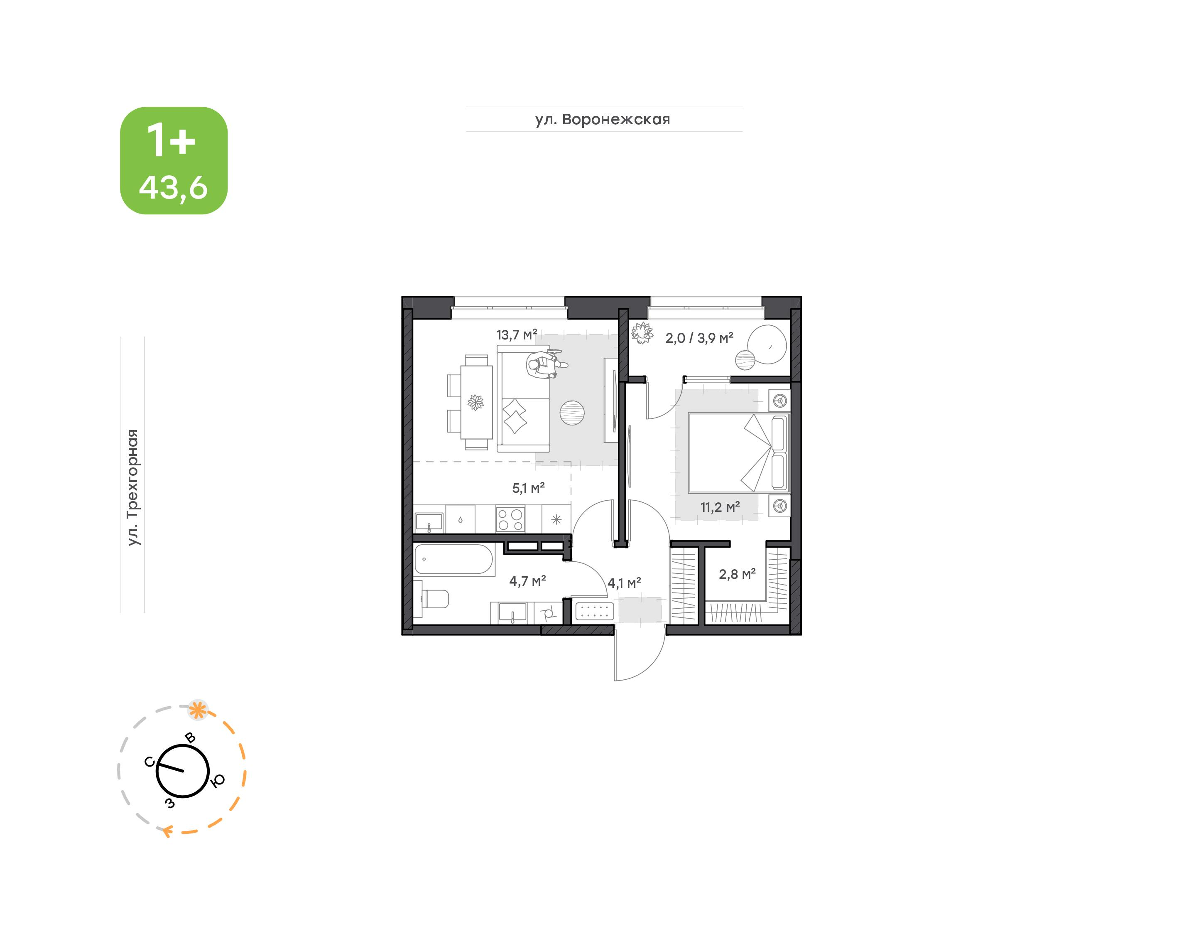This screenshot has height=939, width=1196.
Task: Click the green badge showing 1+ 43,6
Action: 174,160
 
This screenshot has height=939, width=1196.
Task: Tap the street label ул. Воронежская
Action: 603,119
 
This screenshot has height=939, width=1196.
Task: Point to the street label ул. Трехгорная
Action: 133,488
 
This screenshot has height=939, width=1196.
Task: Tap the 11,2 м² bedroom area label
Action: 720,507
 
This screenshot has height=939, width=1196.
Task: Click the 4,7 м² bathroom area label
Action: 527,581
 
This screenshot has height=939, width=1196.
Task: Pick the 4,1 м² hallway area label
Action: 624,583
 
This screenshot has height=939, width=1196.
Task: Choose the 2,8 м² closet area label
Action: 737,575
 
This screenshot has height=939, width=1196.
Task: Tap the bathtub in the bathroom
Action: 454,560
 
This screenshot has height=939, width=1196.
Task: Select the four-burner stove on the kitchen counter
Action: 510,519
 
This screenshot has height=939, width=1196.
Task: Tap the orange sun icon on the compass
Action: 198,710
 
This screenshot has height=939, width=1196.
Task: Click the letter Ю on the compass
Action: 218,780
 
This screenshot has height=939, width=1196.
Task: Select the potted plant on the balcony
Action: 642,333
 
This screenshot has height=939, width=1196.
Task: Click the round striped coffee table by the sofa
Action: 572,412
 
